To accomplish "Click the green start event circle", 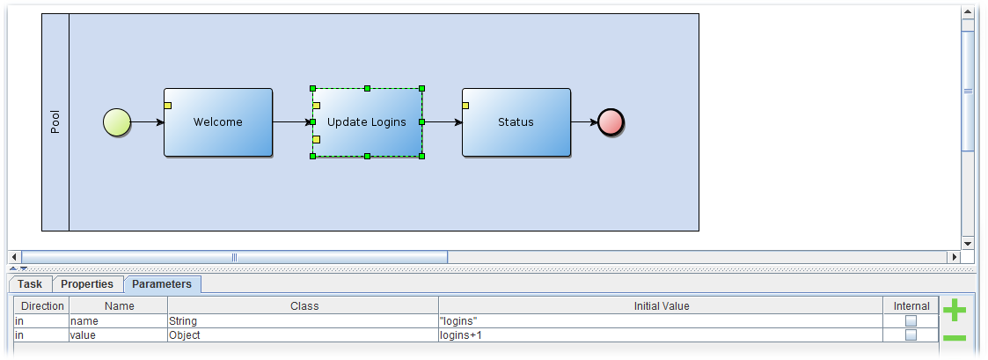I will [117, 122].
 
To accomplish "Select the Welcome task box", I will [217, 122].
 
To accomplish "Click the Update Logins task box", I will [367, 122].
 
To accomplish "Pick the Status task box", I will [516, 122].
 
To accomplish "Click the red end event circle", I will [611, 122].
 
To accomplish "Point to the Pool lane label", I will [55, 122].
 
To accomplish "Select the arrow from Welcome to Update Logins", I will [291, 122].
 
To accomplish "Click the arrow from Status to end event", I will [583, 122].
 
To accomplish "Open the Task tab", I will [30, 284].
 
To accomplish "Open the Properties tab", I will [87, 284].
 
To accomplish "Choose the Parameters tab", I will [162, 284].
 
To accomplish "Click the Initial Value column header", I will [661, 306].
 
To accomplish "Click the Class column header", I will [304, 306].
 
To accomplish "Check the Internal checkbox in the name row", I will [911, 321].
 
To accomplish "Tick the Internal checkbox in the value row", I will [911, 335].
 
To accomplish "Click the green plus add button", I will [955, 310].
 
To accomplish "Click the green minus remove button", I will [955, 338].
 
